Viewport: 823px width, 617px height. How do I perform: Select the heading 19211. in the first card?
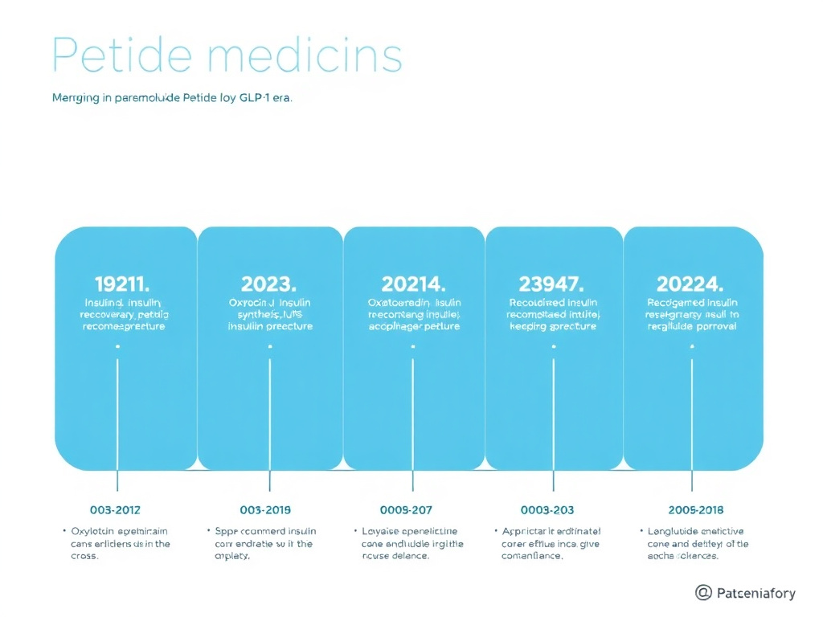point(122,284)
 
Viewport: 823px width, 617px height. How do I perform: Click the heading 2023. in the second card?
point(268,284)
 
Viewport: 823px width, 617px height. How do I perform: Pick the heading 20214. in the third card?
point(413,284)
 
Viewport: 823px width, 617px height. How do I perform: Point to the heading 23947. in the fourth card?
point(552,284)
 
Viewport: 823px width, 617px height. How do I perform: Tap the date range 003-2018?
point(265,510)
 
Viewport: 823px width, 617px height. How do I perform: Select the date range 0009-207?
point(406,510)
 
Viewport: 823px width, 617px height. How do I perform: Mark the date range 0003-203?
point(547,510)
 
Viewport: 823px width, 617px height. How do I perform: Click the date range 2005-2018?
point(695,510)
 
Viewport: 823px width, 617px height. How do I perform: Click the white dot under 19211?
point(117,346)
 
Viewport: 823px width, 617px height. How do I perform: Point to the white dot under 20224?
point(692,346)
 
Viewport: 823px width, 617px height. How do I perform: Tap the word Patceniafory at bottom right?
point(755,594)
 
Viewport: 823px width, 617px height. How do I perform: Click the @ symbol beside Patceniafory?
point(703,593)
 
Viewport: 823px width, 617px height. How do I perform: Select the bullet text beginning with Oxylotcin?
point(119,543)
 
